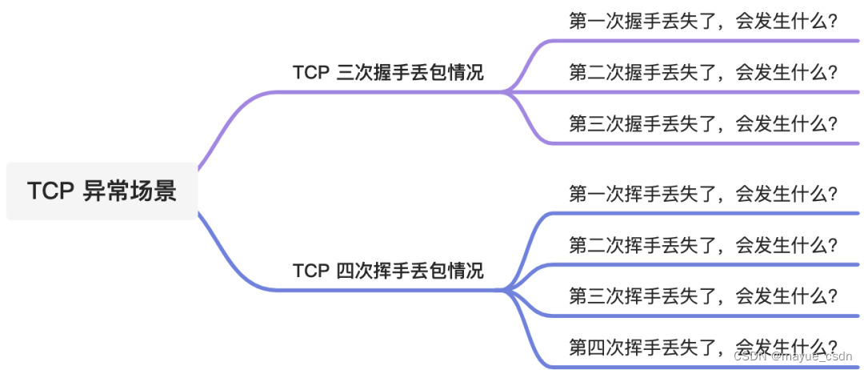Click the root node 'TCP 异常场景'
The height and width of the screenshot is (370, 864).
click(x=102, y=191)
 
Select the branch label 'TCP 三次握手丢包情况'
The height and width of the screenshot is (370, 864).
click(x=387, y=73)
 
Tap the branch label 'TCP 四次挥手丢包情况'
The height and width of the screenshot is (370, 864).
click(x=387, y=271)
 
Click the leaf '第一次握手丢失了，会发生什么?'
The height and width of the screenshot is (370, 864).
click(x=702, y=22)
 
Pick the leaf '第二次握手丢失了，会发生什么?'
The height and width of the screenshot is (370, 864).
click(x=702, y=73)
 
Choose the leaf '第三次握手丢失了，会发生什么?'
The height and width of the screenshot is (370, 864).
click(x=702, y=124)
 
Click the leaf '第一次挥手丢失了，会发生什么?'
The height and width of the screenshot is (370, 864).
click(x=702, y=194)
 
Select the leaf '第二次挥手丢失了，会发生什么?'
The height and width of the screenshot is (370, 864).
click(x=702, y=245)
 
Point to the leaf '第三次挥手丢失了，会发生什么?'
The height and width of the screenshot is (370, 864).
click(x=702, y=296)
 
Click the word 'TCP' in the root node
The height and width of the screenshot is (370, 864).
click(x=51, y=191)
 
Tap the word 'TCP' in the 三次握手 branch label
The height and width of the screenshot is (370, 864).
click(x=311, y=73)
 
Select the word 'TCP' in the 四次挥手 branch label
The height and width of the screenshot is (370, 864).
click(x=311, y=271)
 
